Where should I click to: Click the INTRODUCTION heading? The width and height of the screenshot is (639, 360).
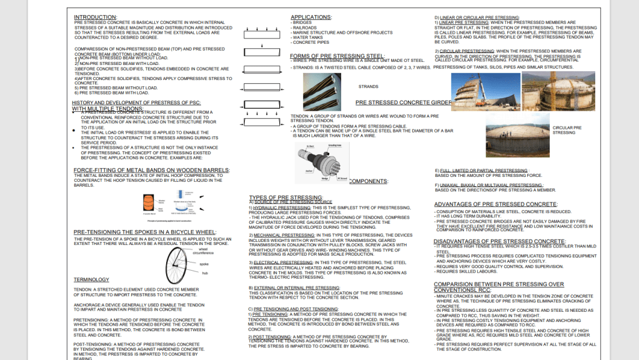95,17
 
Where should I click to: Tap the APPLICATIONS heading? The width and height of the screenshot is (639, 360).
311,17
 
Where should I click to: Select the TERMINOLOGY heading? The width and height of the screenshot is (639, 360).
91,279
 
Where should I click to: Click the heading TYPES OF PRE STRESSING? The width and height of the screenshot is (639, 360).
285,197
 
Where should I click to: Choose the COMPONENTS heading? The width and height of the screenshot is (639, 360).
368,181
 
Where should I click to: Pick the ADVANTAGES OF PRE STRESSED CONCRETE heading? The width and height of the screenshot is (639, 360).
496,204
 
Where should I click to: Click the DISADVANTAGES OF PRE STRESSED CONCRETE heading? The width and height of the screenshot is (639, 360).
500,241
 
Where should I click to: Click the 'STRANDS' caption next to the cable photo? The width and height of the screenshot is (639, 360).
368,87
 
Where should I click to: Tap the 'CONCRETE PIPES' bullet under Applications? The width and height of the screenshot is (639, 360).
309,42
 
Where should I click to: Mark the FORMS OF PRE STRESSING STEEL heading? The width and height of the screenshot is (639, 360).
337,56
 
